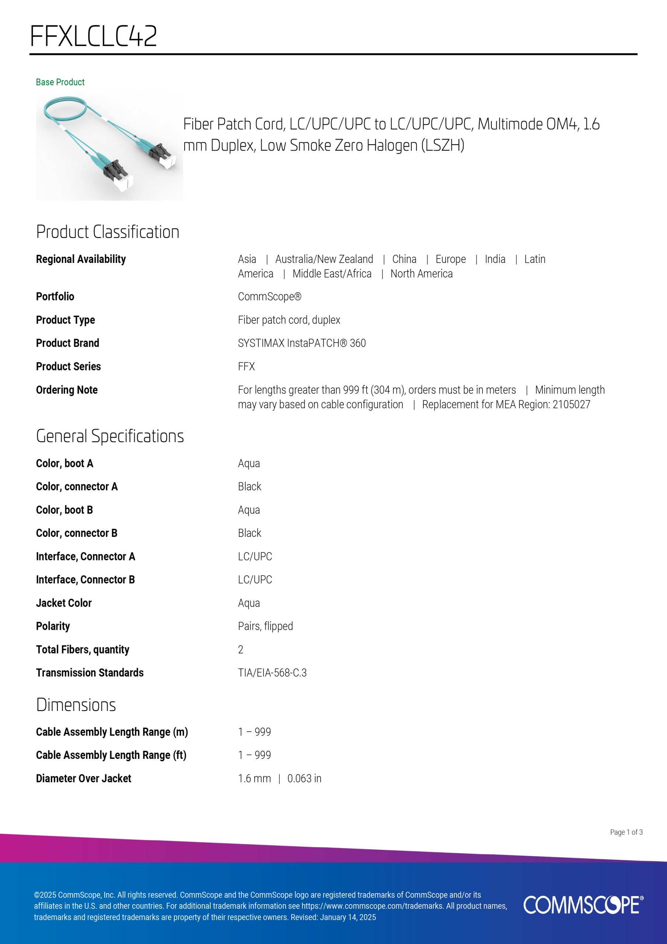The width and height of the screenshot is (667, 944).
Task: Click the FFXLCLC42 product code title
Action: tap(94, 36)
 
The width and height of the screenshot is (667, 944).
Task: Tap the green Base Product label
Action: tap(60, 82)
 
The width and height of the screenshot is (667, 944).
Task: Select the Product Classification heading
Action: tap(108, 232)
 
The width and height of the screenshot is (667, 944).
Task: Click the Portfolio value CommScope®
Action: tap(270, 296)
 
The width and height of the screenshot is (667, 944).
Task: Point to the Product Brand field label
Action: tap(67, 343)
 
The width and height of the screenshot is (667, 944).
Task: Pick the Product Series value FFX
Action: tap(246, 366)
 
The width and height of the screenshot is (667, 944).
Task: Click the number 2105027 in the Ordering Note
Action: tap(571, 405)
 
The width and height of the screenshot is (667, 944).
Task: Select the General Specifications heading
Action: tap(110, 436)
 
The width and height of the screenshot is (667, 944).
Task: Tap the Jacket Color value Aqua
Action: tap(249, 603)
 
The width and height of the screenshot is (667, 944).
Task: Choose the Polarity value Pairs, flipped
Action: tap(265, 626)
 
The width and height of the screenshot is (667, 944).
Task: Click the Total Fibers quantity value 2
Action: tap(240, 650)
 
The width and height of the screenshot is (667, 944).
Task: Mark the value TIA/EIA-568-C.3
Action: tap(272, 673)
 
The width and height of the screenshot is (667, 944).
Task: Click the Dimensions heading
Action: tap(76, 705)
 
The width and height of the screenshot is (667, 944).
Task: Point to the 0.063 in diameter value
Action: tap(304, 778)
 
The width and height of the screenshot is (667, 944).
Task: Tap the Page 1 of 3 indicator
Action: tap(626, 832)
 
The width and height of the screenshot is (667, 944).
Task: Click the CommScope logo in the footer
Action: tap(583, 905)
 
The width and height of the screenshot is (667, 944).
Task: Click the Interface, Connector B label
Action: tap(85, 579)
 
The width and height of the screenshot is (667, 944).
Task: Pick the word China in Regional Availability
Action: tap(404, 259)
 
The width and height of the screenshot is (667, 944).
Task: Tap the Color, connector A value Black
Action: tap(249, 486)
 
